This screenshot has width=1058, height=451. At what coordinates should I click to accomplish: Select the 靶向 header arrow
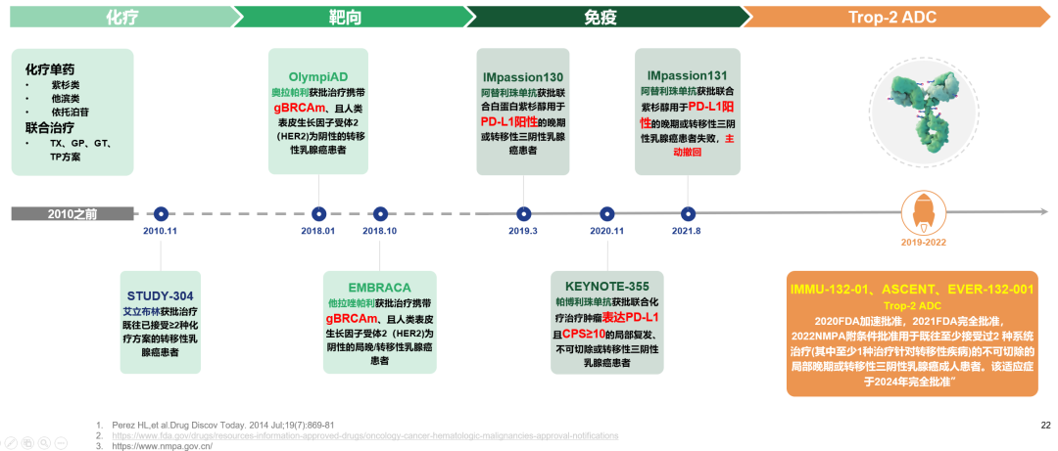[348, 16]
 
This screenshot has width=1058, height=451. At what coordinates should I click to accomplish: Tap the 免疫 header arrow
[601, 16]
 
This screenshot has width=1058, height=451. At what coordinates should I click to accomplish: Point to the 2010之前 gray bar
[72, 213]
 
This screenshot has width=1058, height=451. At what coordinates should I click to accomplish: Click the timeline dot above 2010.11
[161, 213]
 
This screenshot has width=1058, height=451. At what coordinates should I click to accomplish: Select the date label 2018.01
[318, 231]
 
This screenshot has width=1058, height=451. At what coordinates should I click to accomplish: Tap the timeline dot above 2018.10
[379, 213]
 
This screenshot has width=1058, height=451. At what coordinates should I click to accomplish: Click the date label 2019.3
[523, 231]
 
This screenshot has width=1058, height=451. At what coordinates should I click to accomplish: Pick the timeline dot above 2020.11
[607, 213]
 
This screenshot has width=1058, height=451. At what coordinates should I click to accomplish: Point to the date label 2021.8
[687, 231]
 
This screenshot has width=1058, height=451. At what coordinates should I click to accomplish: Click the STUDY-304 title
[161, 295]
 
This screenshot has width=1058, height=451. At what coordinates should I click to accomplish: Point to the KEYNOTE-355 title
[607, 286]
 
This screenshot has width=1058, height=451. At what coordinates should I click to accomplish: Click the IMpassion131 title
[687, 75]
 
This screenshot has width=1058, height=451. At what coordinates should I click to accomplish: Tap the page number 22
[1044, 426]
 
